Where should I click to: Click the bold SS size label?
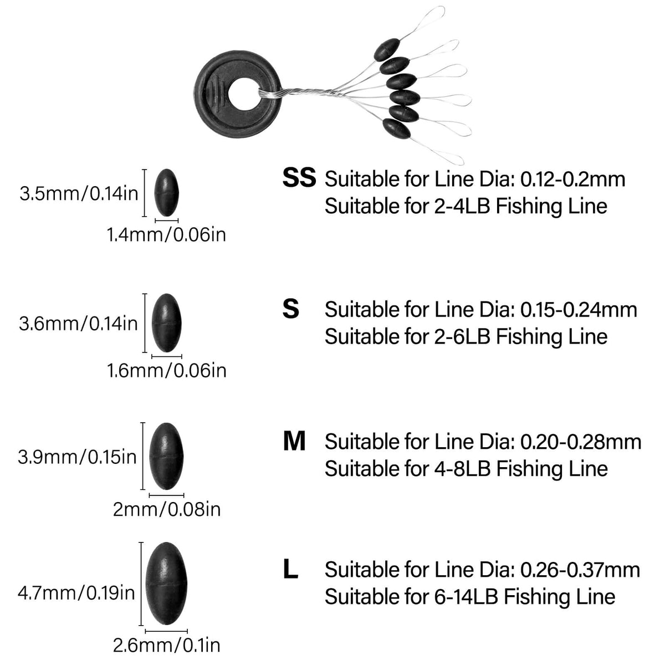point(299,178)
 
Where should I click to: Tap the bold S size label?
point(290,309)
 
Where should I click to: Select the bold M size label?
point(294,441)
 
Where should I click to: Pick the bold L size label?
point(290,570)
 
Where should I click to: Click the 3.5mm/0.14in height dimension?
point(79,193)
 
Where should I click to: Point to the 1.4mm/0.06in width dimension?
point(166,234)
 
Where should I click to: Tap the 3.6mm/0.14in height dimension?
point(78,324)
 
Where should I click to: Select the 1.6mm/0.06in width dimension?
point(167,371)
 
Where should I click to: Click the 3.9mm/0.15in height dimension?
point(77,457)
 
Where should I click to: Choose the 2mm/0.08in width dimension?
point(167,510)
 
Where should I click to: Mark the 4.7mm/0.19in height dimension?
point(76,593)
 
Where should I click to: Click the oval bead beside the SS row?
point(166,192)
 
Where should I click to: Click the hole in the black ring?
point(244,94)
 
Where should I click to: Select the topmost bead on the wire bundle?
point(387,50)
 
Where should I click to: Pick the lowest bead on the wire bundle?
point(397,129)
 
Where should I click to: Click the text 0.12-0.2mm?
point(572,179)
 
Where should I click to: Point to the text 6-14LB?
point(466,597)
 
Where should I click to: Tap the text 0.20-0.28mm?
point(581,442)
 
